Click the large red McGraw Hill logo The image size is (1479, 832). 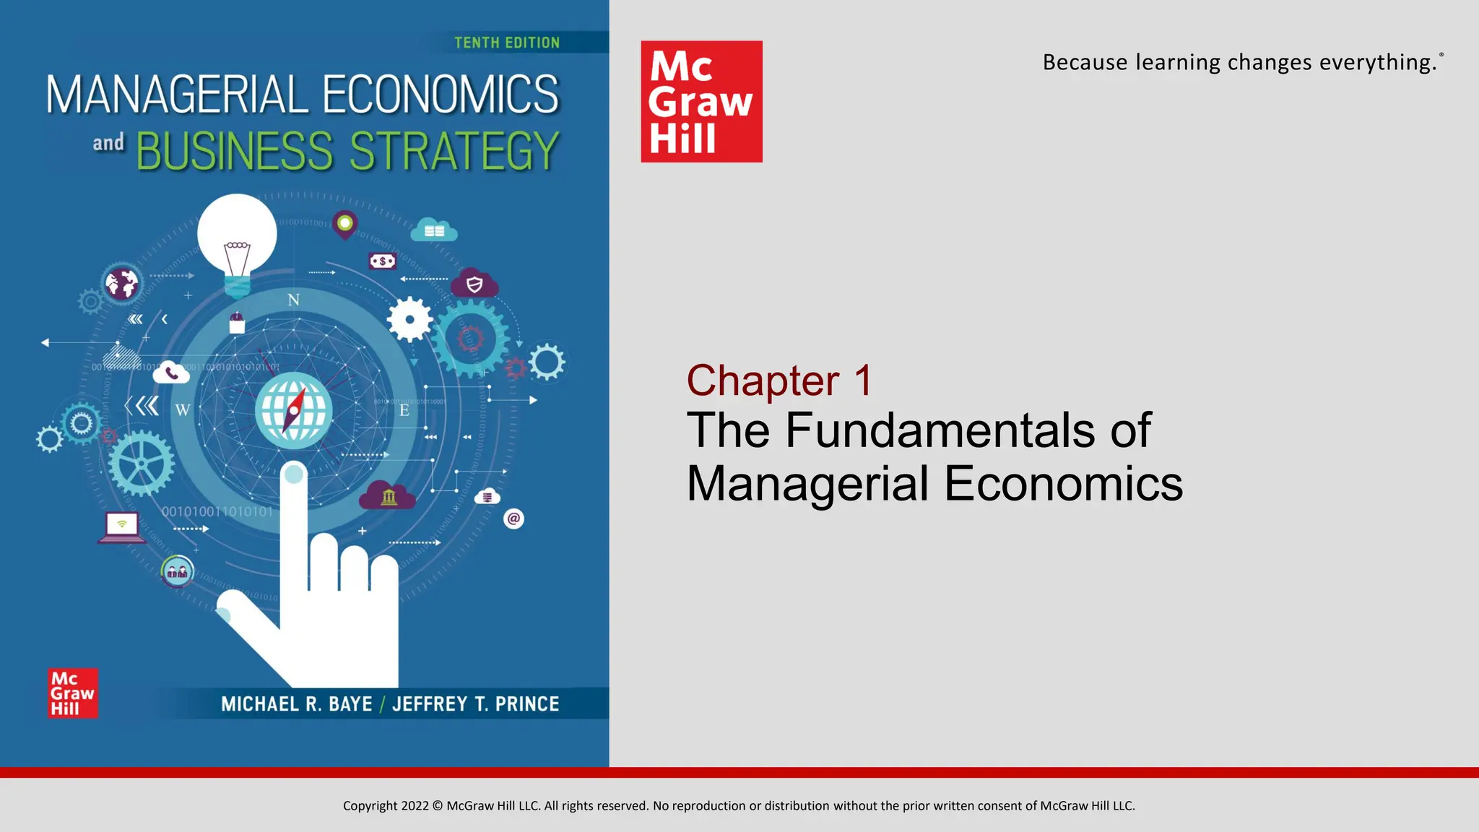tap(701, 101)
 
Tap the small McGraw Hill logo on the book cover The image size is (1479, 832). tap(72, 693)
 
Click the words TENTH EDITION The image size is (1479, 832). tap(507, 43)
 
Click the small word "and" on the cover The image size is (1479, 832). tap(108, 142)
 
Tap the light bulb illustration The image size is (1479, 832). tap(237, 242)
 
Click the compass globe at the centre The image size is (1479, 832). tap(293, 409)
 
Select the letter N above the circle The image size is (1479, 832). tap(293, 300)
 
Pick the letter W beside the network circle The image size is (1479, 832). tap(183, 410)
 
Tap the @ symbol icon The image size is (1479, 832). tap(513, 519)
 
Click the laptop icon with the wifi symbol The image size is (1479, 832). tap(121, 526)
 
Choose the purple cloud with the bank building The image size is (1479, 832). tap(388, 495)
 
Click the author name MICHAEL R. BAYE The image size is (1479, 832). tap(297, 704)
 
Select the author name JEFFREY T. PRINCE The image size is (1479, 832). tap(476, 704)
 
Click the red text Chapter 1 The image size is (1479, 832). tap(779, 380)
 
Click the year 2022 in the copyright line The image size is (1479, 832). tap(415, 806)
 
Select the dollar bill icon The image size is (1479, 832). tap(382, 261)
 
